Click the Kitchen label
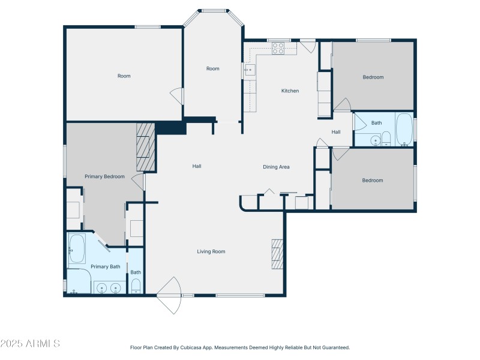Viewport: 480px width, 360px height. click(x=290, y=91)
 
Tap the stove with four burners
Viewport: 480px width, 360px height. click(x=278, y=49)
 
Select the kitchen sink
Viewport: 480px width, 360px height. click(x=250, y=70)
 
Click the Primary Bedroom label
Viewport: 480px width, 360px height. click(x=104, y=176)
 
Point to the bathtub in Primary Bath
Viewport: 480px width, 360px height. click(x=77, y=248)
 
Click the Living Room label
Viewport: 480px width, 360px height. click(x=211, y=251)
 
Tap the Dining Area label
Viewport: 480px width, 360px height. click(x=276, y=167)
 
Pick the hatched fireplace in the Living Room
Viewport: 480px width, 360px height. click(x=277, y=254)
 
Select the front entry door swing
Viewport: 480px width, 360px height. click(x=169, y=295)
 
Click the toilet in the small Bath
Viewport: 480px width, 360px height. click(x=136, y=286)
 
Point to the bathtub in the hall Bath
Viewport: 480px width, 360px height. click(x=404, y=129)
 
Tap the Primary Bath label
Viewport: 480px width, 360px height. click(x=106, y=266)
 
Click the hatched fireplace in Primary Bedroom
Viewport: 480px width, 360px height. click(x=146, y=147)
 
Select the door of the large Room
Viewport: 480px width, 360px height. click(x=177, y=96)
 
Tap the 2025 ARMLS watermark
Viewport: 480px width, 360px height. click(x=30, y=343)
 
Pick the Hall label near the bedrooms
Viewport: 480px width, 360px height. click(x=336, y=132)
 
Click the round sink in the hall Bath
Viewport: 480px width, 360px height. click(x=375, y=141)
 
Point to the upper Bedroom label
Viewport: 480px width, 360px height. click(x=373, y=77)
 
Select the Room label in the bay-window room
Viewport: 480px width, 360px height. click(x=213, y=68)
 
